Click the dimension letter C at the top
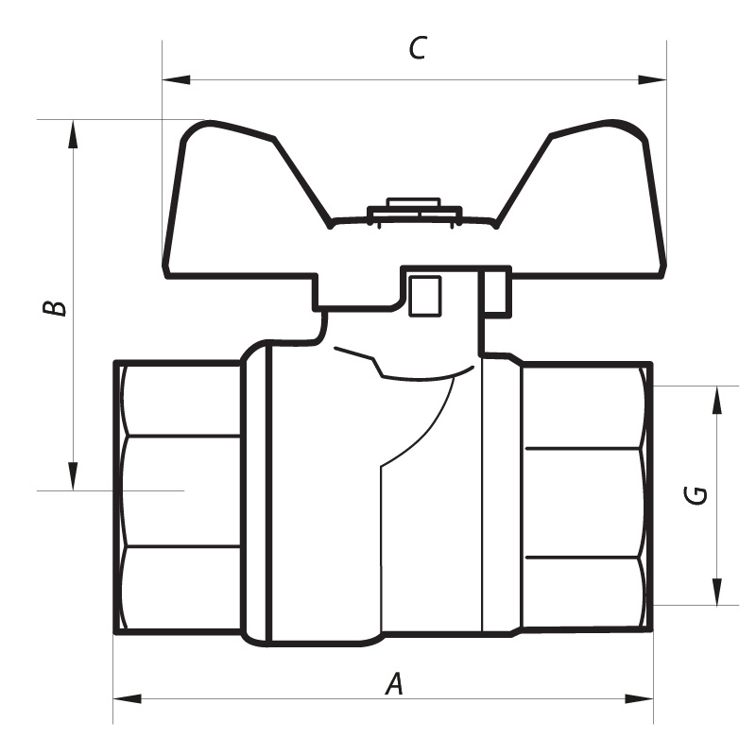pos(417,49)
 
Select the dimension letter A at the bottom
pos(395,682)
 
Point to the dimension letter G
pos(696,494)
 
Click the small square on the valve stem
pos(424,295)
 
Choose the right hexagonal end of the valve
pos(586,499)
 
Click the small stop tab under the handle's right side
pos(498,292)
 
